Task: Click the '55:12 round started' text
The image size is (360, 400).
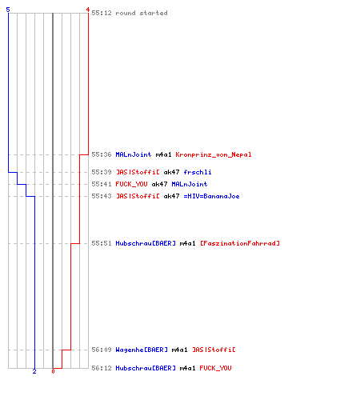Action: (130, 13)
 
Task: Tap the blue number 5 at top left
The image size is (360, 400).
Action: (8, 10)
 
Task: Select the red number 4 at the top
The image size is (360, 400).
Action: (88, 10)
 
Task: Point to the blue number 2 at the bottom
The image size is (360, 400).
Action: (34, 371)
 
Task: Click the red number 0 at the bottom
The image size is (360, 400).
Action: (53, 371)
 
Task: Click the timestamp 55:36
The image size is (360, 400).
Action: (102, 154)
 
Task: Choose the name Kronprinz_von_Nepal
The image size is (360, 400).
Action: (214, 154)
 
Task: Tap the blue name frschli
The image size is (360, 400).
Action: (198, 172)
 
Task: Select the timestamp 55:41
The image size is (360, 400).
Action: (102, 184)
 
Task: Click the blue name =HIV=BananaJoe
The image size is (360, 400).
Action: (211, 196)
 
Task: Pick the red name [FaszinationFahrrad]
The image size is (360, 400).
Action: (240, 243)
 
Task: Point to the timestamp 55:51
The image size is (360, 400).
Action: (102, 243)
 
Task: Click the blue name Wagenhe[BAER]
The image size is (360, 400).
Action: (142, 350)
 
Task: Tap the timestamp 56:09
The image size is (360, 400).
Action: (102, 350)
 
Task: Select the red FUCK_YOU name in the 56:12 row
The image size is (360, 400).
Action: (215, 368)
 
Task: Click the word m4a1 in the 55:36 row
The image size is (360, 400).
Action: (163, 154)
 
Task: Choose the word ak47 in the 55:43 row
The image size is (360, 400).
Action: (171, 196)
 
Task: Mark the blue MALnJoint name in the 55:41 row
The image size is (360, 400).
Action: (190, 184)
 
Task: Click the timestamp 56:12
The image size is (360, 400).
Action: (102, 368)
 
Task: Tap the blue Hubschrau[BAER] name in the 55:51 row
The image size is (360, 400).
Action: (146, 243)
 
